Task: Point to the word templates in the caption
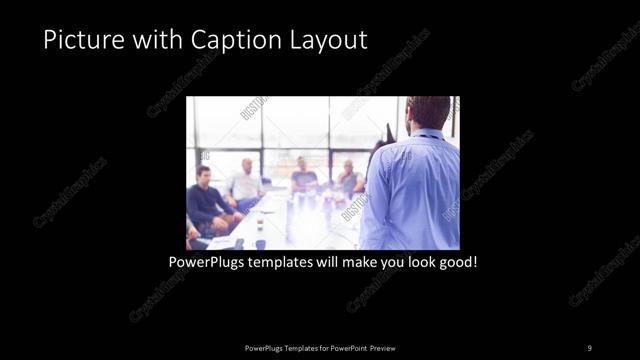288,264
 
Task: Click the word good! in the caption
458,264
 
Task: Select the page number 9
589,347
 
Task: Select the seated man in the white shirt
245,184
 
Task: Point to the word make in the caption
361,264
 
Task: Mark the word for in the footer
319,347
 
